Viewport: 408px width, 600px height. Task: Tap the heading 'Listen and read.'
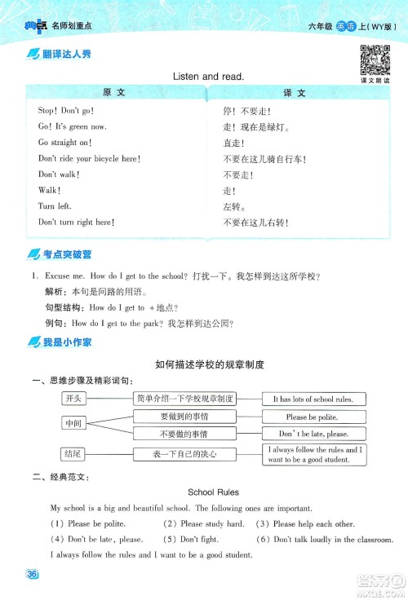coord(209,76)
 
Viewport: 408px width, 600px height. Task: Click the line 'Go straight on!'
coord(65,143)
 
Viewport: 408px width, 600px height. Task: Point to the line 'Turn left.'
coord(55,206)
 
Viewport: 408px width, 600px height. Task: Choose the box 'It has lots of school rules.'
coord(313,399)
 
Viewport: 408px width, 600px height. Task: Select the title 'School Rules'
coord(213,492)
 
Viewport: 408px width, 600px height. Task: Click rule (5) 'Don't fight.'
coord(190,539)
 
